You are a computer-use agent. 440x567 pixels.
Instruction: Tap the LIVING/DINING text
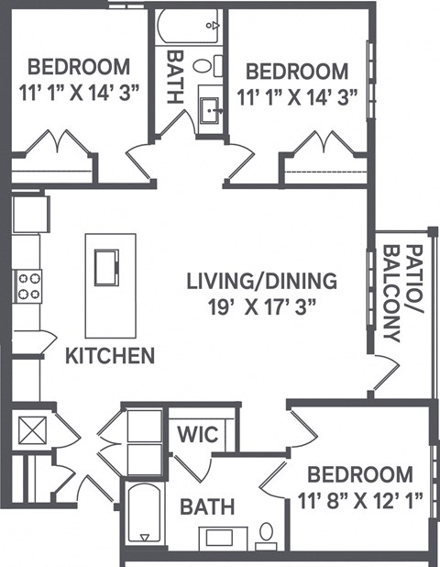pyautogui.click(x=261, y=281)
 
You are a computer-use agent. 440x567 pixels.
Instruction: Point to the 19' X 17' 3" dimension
pyautogui.click(x=261, y=306)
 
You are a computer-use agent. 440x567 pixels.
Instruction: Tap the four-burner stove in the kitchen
pyautogui.click(x=27, y=286)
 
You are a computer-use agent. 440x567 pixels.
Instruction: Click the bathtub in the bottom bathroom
pyautogui.click(x=143, y=515)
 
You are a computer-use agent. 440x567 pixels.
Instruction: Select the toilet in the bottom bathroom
pyautogui.click(x=267, y=533)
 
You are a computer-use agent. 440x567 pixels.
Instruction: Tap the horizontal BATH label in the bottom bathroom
pyautogui.click(x=206, y=506)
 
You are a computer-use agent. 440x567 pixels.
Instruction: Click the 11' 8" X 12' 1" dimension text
pyautogui.click(x=359, y=500)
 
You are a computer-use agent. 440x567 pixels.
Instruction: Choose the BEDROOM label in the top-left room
pyautogui.click(x=78, y=67)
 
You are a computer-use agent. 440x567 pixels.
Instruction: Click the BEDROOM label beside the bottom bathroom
pyautogui.click(x=359, y=474)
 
